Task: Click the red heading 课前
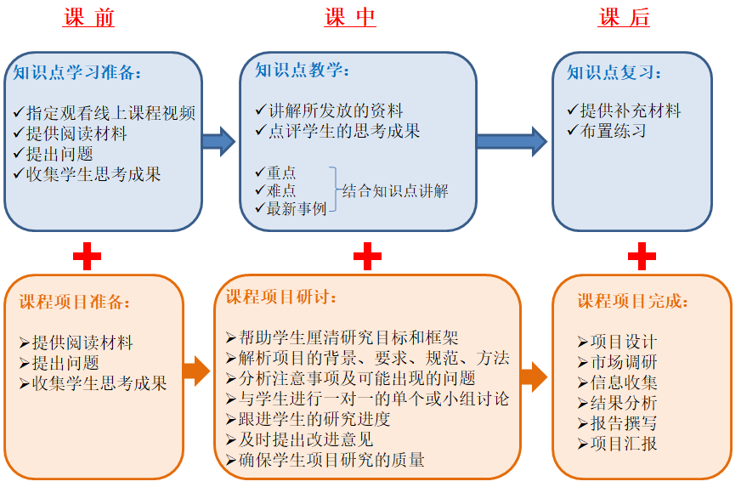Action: (x=88, y=18)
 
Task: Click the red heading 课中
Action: (x=350, y=18)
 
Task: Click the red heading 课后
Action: (x=625, y=18)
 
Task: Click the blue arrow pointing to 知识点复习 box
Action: (x=512, y=140)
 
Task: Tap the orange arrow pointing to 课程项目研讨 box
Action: (x=196, y=371)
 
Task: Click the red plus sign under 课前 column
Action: (x=87, y=254)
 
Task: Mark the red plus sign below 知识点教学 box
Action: (x=367, y=254)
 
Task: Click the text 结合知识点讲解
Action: (x=394, y=191)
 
